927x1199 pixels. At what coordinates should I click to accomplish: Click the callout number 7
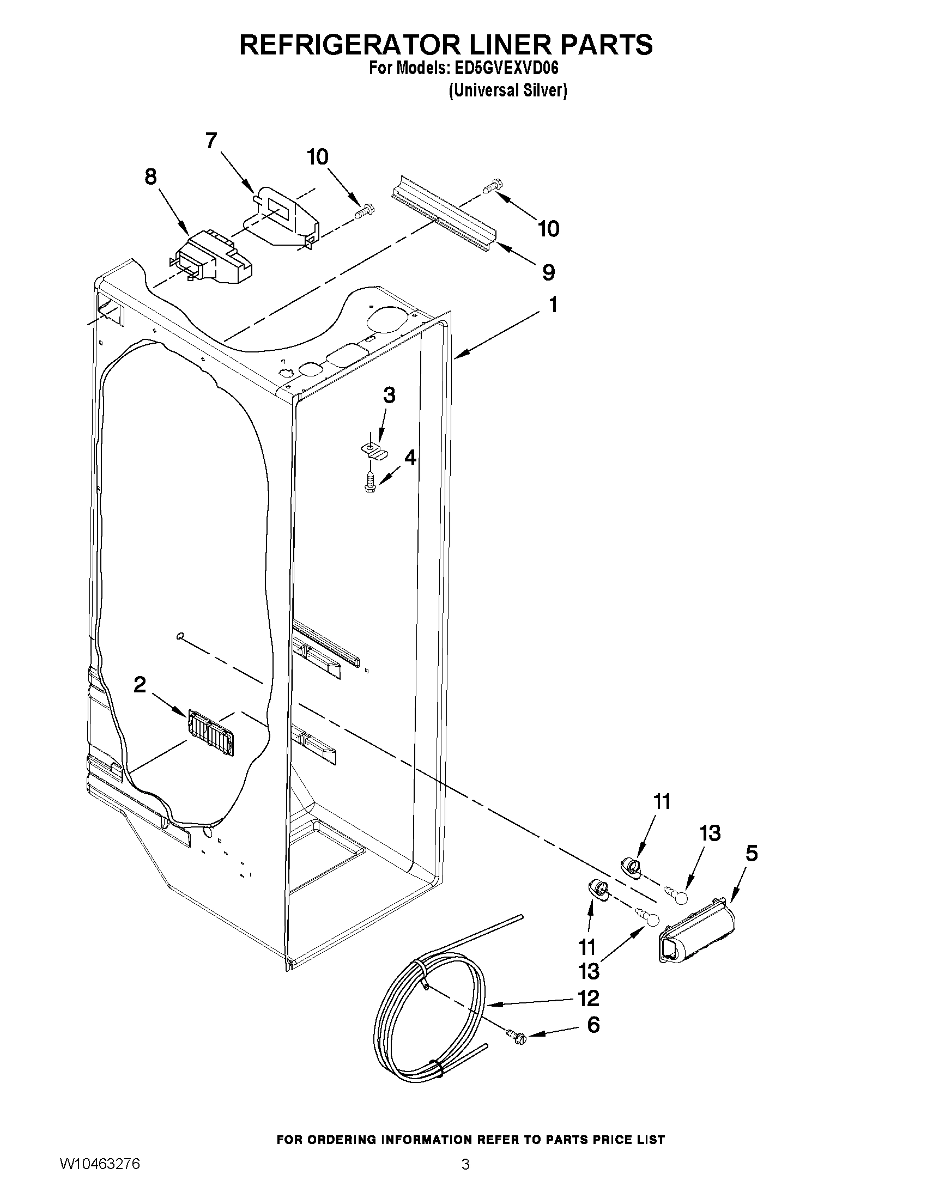point(211,141)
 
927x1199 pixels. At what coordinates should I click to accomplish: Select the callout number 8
point(150,177)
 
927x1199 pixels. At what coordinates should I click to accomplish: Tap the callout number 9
point(548,273)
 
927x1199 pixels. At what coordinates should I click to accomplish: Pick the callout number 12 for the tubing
point(588,998)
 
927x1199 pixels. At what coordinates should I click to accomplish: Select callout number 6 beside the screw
point(593,1025)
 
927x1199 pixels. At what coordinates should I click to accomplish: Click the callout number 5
point(752,853)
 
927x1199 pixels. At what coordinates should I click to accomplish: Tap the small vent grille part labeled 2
point(212,732)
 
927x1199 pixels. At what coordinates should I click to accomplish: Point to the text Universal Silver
point(507,90)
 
